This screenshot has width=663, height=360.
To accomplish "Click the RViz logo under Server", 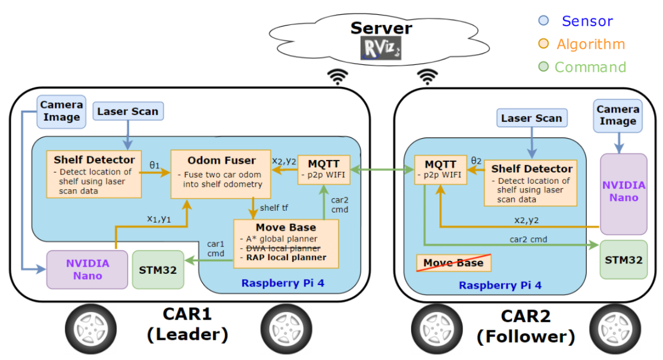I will click(x=381, y=48).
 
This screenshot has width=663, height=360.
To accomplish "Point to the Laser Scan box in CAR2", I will click(x=531, y=118).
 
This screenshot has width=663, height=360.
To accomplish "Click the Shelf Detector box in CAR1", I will click(x=94, y=174).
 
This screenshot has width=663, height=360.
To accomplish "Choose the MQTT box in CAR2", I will click(x=440, y=170).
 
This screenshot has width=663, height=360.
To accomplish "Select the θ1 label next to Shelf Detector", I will click(x=154, y=165).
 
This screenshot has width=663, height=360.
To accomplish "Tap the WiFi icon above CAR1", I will click(x=339, y=76).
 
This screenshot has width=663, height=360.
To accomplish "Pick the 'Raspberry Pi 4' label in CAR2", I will click(x=500, y=286).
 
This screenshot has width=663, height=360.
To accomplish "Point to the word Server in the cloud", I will click(x=381, y=28).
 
